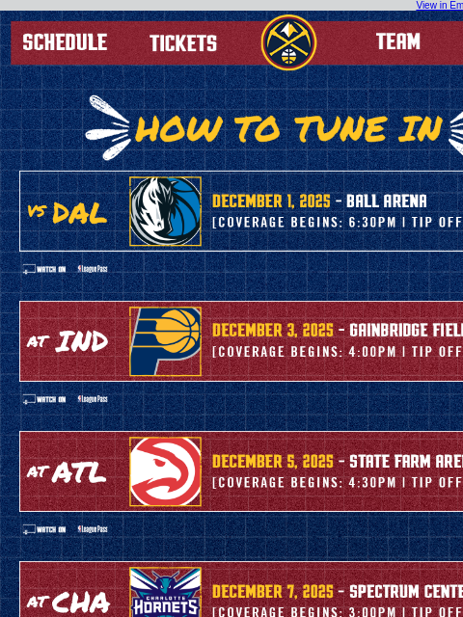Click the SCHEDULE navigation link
(x=65, y=42)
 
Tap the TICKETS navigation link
(x=183, y=43)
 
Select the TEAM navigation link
(x=397, y=41)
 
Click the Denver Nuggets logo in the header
(x=288, y=42)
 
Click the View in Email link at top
(x=439, y=6)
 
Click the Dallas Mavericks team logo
(x=165, y=211)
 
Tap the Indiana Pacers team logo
(x=165, y=341)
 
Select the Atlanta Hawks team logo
(x=165, y=471)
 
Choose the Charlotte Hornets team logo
(x=165, y=593)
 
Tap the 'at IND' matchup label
(x=67, y=341)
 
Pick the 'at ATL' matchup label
(x=66, y=471)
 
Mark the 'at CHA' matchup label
(x=67, y=603)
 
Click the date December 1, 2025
(x=271, y=201)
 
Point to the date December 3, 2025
(x=272, y=331)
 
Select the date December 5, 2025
(x=272, y=462)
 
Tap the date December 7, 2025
(x=272, y=591)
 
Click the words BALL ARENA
(x=386, y=201)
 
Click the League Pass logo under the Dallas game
(x=93, y=269)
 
